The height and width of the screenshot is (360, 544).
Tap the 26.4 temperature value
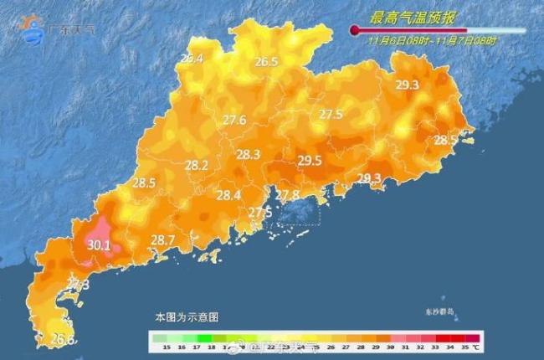click(x=192, y=59)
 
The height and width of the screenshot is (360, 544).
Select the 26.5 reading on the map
click(x=266, y=62)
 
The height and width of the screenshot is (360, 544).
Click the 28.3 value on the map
click(x=249, y=154)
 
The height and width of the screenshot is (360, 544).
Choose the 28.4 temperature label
click(x=228, y=196)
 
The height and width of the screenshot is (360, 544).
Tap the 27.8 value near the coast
click(x=287, y=195)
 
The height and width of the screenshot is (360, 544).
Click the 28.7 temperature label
click(x=162, y=240)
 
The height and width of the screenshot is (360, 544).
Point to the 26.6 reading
click(x=63, y=339)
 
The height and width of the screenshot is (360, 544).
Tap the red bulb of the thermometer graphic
click(x=355, y=30)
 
